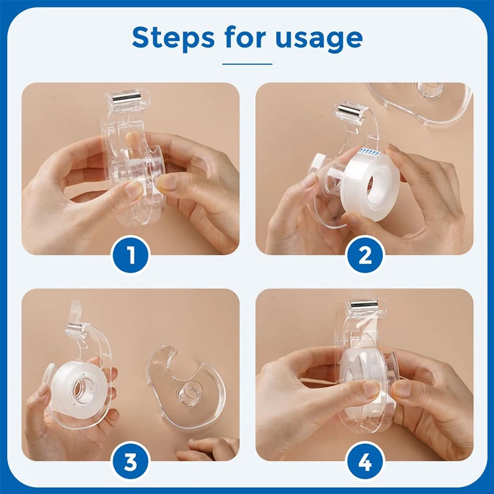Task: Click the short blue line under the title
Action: coord(247,63)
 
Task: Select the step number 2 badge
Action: coord(364,254)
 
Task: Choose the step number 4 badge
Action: coord(364,460)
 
